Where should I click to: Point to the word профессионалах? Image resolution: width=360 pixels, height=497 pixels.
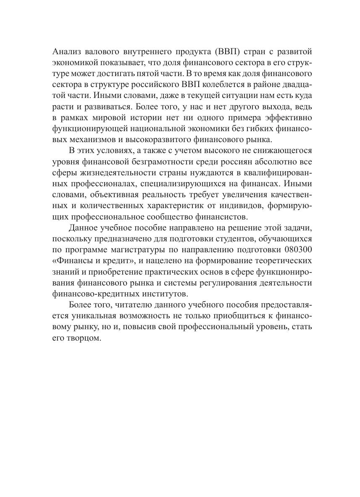(105, 183)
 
